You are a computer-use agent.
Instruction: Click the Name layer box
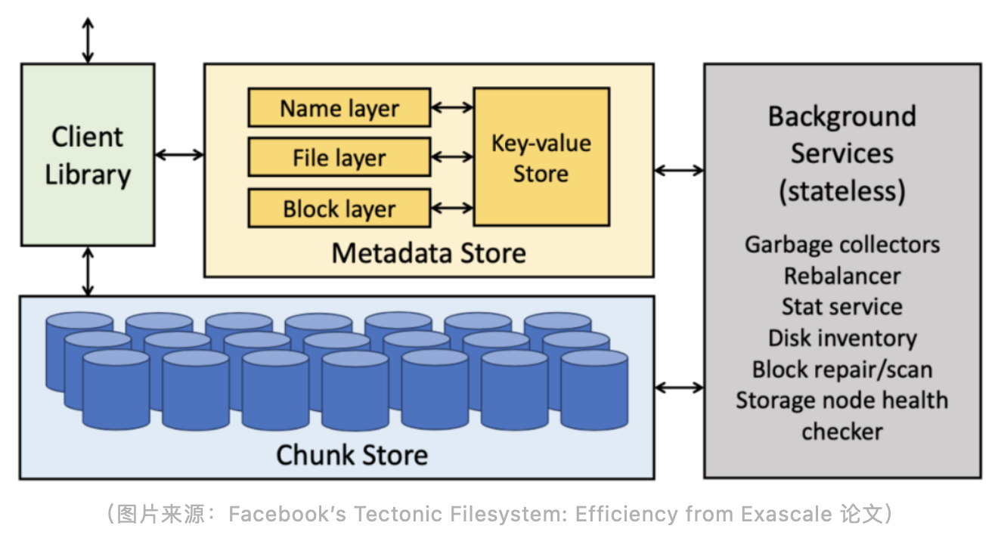pyautogui.click(x=339, y=108)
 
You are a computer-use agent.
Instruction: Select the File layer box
pyautogui.click(x=339, y=158)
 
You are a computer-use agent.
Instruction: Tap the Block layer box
pyautogui.click(x=339, y=209)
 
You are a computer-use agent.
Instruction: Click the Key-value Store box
pyautogui.click(x=541, y=157)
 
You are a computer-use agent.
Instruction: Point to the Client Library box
pyautogui.click(x=88, y=155)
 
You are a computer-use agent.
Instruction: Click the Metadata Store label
pyautogui.click(x=429, y=252)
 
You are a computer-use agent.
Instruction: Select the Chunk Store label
pyautogui.click(x=352, y=455)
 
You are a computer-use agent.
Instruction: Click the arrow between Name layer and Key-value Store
pyautogui.click(x=452, y=108)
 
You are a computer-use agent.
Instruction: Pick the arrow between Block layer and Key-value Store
pyautogui.click(x=452, y=207)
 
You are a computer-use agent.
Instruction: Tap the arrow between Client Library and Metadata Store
pyautogui.click(x=179, y=155)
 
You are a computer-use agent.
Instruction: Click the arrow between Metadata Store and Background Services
pyautogui.click(x=679, y=171)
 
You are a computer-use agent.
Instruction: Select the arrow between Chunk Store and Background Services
pyautogui.click(x=679, y=388)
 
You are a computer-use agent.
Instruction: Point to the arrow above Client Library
pyautogui.click(x=88, y=39)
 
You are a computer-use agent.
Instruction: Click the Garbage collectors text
pyautogui.click(x=842, y=245)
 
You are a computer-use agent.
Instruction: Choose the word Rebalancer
pyautogui.click(x=842, y=276)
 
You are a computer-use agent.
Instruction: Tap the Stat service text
pyautogui.click(x=842, y=307)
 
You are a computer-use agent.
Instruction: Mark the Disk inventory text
pyautogui.click(x=842, y=338)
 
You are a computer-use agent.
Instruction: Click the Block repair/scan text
pyautogui.click(x=842, y=370)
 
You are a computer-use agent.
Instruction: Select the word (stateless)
pyautogui.click(x=842, y=190)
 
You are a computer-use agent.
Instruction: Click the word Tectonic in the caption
pyautogui.click(x=395, y=515)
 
